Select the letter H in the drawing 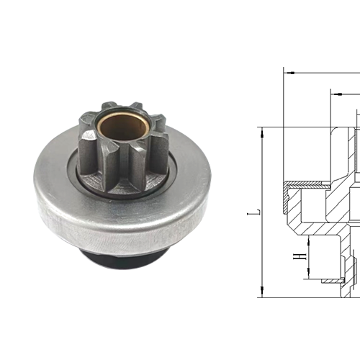295,256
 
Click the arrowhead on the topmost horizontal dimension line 288,71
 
